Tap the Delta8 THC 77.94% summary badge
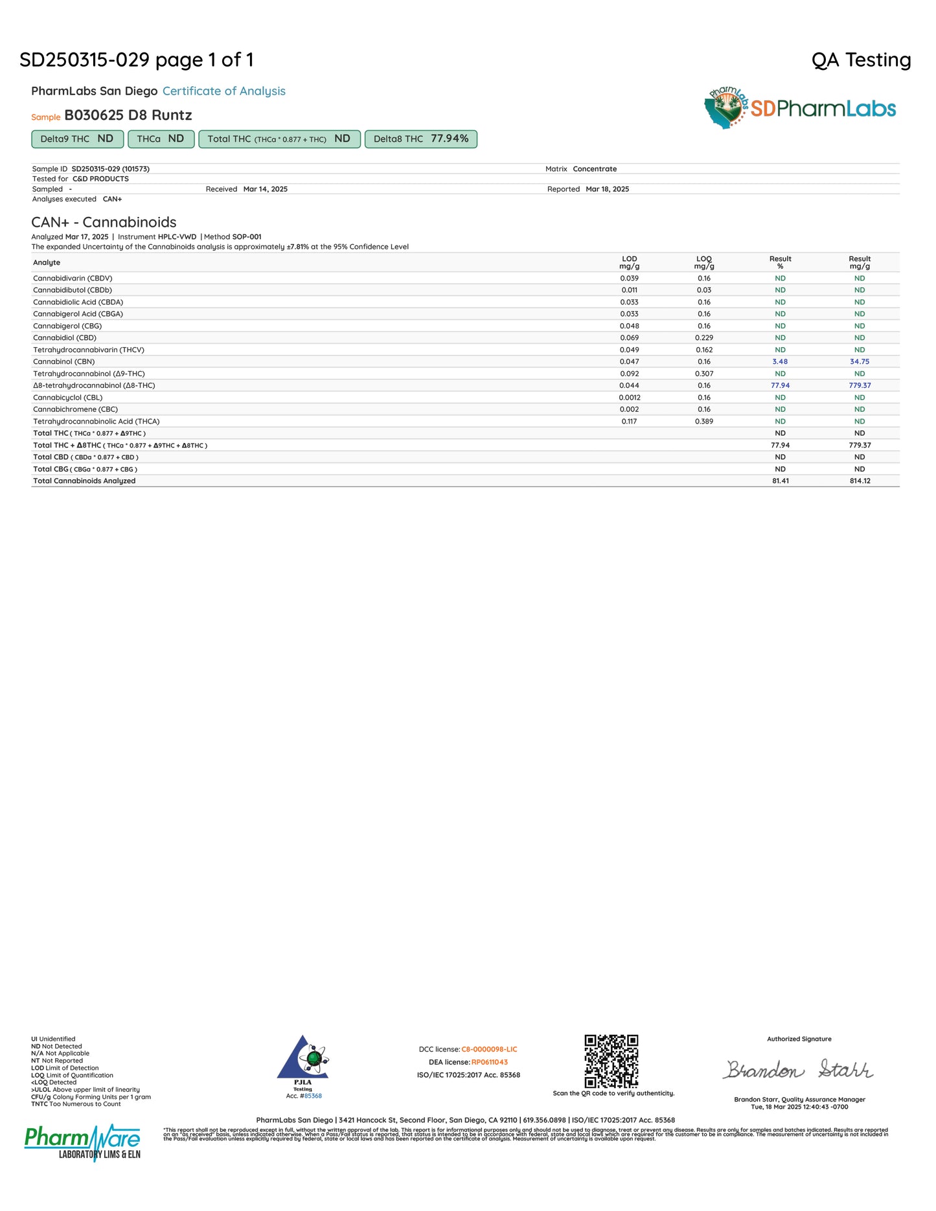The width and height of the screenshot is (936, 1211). coord(420,139)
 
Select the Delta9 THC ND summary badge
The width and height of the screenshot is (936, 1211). coord(76,139)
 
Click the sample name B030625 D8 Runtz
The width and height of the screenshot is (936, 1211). coord(128,115)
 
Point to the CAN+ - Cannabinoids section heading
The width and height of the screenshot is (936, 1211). coord(104,222)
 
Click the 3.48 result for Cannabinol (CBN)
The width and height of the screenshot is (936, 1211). coord(780,362)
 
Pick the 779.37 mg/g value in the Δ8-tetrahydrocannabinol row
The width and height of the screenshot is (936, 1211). coord(860,385)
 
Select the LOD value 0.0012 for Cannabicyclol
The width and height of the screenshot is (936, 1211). coord(629,398)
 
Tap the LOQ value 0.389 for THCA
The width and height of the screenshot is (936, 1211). coord(703,422)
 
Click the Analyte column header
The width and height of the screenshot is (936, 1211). coord(47,262)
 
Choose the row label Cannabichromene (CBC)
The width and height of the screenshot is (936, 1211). coord(75,409)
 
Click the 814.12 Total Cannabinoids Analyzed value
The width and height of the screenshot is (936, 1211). coord(860,481)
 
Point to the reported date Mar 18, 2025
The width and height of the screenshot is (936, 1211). coord(607,189)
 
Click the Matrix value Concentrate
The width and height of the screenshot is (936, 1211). coord(595,169)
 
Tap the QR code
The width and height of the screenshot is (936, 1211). coord(611,1061)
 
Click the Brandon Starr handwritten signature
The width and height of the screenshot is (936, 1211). coord(798,1069)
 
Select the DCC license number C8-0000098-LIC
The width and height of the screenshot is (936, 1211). coord(489,1049)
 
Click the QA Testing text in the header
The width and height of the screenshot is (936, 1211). coord(861,60)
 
